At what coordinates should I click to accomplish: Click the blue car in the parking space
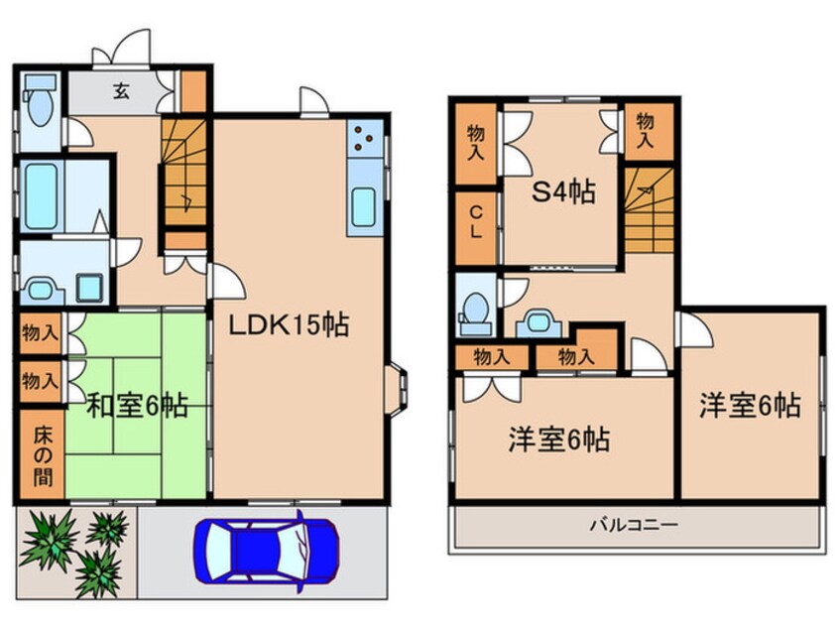pos(267,550)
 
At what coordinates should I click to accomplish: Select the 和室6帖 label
pos(138,405)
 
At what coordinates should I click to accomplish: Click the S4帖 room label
pos(562,191)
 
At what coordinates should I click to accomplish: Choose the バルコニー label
pos(635,524)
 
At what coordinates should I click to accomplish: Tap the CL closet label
pos(476,225)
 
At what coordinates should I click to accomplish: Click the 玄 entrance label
pos(120,91)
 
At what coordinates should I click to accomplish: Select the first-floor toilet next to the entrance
pos(41,104)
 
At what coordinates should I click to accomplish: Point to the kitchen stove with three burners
pos(364,139)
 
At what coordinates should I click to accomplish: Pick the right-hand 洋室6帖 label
pos(750,406)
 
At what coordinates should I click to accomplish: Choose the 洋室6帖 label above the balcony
pos(559,440)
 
